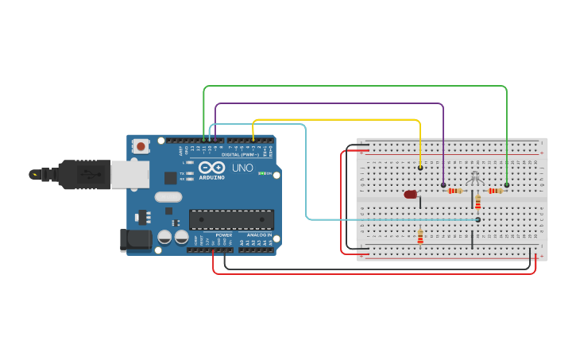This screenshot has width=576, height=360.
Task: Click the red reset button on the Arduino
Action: click(x=141, y=145)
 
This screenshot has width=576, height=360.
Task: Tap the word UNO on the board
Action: click(x=242, y=168)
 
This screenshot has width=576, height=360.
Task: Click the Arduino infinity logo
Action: click(x=212, y=168)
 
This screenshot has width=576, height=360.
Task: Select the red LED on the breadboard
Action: click(x=410, y=194)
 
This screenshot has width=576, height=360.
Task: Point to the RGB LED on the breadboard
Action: click(x=475, y=178)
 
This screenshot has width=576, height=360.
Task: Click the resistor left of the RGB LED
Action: click(x=455, y=191)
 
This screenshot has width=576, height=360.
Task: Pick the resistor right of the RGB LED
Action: click(x=496, y=191)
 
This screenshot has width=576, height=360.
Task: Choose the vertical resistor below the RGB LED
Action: click(x=478, y=203)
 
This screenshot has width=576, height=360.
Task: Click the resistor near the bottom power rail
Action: click(x=420, y=237)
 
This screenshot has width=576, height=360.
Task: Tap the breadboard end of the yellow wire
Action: click(x=420, y=168)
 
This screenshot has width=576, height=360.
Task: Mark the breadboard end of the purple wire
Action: click(x=443, y=185)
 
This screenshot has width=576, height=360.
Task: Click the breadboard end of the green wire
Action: click(x=507, y=185)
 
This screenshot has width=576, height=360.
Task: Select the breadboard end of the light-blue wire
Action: click(x=477, y=219)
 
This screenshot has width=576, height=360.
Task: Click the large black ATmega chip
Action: click(x=231, y=219)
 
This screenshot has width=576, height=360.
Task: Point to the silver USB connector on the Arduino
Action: click(x=130, y=174)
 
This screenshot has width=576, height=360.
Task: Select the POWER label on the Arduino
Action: click(x=224, y=235)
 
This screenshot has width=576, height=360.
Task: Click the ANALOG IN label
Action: click(x=260, y=235)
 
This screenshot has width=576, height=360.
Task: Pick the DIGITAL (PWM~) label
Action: click(x=238, y=154)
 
